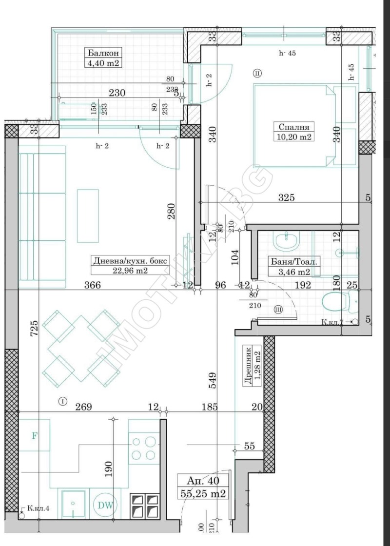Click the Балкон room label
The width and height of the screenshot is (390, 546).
pos(102,53)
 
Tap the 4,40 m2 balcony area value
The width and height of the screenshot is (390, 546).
pos(102,63)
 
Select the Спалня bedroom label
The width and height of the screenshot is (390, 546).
pos(292,127)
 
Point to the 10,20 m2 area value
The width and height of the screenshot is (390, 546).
pos(292,137)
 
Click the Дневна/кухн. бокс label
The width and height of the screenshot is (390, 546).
pos(130,261)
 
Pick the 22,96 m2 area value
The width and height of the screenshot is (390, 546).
pos(130,271)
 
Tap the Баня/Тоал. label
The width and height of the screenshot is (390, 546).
pos(294,262)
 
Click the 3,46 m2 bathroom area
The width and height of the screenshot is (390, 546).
pos(294,272)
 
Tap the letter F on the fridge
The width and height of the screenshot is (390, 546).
pos(35,435)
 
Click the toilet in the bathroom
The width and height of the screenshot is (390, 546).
pos(340,303)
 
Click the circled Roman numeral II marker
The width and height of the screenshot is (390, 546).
pos(257,73)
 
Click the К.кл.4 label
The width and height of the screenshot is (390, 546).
pos(38,509)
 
